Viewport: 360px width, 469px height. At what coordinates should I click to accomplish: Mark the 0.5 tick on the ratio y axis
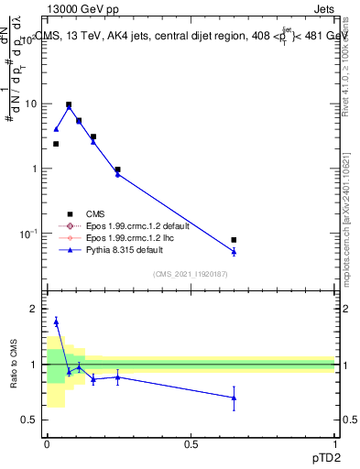coord(29,420)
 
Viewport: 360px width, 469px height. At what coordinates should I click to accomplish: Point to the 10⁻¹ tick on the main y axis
coord(27,234)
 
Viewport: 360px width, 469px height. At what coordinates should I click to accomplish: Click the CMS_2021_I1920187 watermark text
coord(191,273)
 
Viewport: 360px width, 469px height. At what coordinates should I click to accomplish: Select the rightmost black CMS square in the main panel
coord(234,240)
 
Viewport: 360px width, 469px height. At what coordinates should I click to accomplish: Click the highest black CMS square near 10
coord(69,104)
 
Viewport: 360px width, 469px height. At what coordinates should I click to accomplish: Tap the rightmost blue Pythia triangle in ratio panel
coord(234,398)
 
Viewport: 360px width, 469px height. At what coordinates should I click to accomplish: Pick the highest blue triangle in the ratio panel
coord(56,322)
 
